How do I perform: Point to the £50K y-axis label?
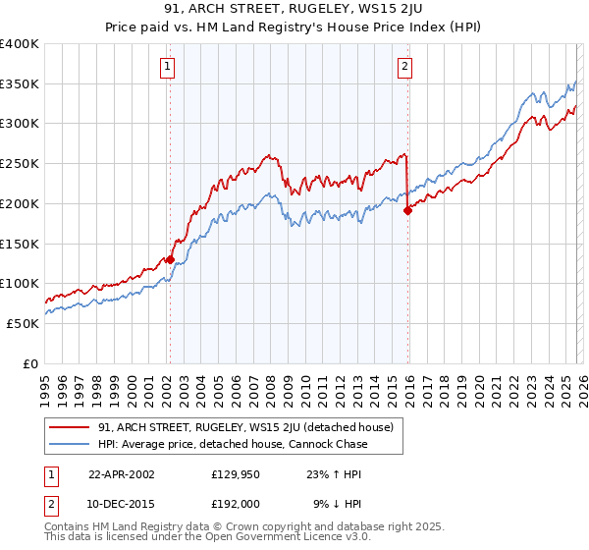click(23, 323)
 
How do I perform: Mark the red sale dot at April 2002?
click(170, 259)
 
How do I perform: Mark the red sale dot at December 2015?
click(407, 209)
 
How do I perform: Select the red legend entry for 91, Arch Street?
click(245, 427)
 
